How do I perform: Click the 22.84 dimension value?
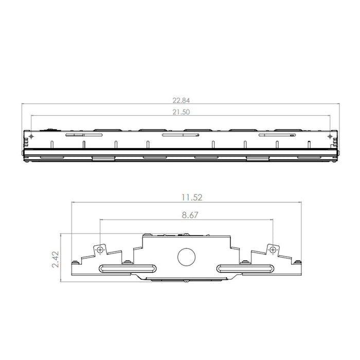pyautogui.click(x=180, y=100)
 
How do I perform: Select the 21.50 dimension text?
pyautogui.click(x=180, y=112)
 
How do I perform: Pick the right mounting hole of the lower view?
pyautogui.click(x=273, y=249)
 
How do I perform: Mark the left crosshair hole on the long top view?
pyautogui.click(x=32, y=136)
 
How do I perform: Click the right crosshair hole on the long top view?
pyautogui.click(x=330, y=136)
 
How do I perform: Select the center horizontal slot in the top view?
pyautogui.click(x=180, y=136)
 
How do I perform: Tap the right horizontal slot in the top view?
pyautogui.click(x=278, y=136)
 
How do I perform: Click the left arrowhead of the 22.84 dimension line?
pyautogui.click(x=24, y=104)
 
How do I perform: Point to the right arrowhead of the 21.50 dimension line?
pyautogui.click(x=328, y=115)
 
